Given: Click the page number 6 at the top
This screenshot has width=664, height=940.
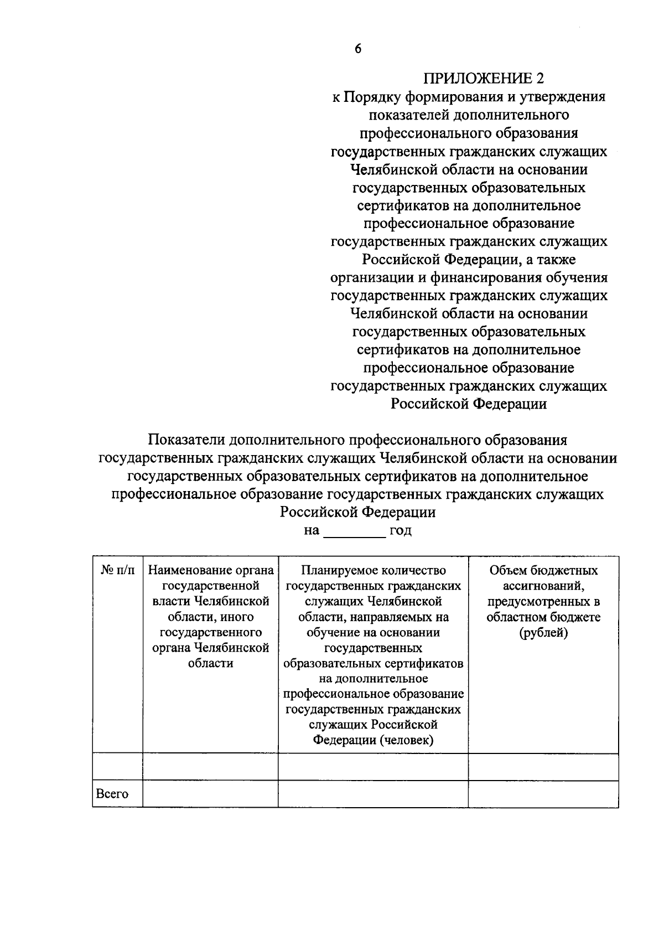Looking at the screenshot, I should [358, 49].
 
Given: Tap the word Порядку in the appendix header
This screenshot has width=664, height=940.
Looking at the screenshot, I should [370, 97].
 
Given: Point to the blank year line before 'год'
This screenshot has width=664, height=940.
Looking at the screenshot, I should [354, 531].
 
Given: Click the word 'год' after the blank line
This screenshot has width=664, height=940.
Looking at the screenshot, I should [401, 531].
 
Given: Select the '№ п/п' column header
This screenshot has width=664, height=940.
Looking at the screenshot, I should [117, 570].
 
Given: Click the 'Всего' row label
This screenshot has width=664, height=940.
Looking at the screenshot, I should [112, 794].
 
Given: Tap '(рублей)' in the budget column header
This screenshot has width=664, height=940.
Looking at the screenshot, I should [543, 633].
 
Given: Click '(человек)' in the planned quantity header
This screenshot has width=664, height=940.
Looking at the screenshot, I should [407, 740].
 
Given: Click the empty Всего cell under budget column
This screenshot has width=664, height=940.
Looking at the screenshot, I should [543, 794].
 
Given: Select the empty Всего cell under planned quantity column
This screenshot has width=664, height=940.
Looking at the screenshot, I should [373, 794].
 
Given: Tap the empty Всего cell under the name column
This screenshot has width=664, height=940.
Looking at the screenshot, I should [210, 794].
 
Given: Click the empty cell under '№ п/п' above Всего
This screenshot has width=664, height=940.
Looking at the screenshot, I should [117, 767].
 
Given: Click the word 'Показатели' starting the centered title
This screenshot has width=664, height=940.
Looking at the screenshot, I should [185, 440].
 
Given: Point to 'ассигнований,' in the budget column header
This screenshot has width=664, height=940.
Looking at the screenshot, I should [543, 586].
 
